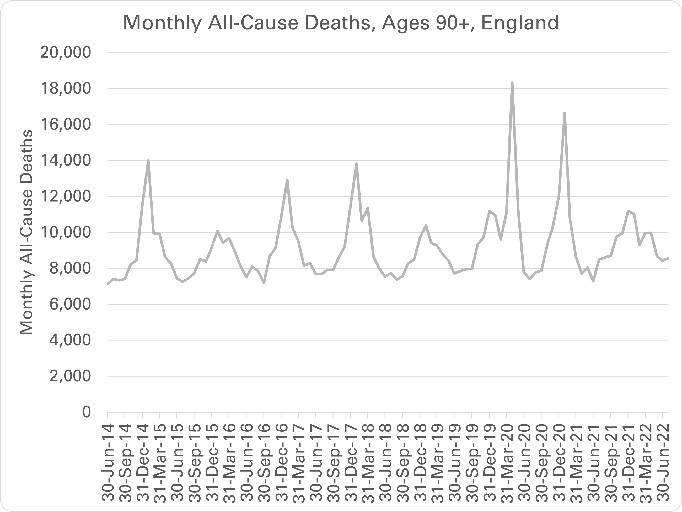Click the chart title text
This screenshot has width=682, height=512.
click(x=341, y=23)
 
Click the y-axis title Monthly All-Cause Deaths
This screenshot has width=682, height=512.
click(x=26, y=232)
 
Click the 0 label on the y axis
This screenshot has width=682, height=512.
click(x=86, y=412)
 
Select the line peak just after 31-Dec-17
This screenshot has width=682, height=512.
click(x=356, y=163)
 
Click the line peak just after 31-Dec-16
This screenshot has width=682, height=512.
click(x=287, y=180)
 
